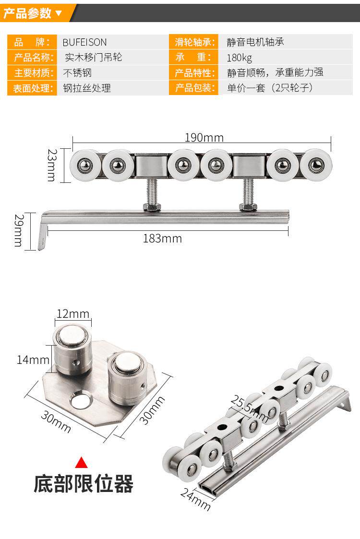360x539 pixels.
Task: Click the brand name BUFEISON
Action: (x=84, y=42)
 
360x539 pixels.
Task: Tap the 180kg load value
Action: (x=239, y=58)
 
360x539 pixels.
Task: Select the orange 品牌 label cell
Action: (x=32, y=42)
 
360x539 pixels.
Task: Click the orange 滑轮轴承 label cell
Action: (x=193, y=42)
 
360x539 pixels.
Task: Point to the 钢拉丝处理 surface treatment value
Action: (x=87, y=88)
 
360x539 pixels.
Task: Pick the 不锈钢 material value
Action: (x=77, y=73)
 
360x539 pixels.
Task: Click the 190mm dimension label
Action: (x=204, y=138)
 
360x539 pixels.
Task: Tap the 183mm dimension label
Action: (x=162, y=239)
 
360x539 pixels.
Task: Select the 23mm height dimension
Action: (x=51, y=165)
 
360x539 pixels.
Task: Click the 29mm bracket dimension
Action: (x=19, y=230)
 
